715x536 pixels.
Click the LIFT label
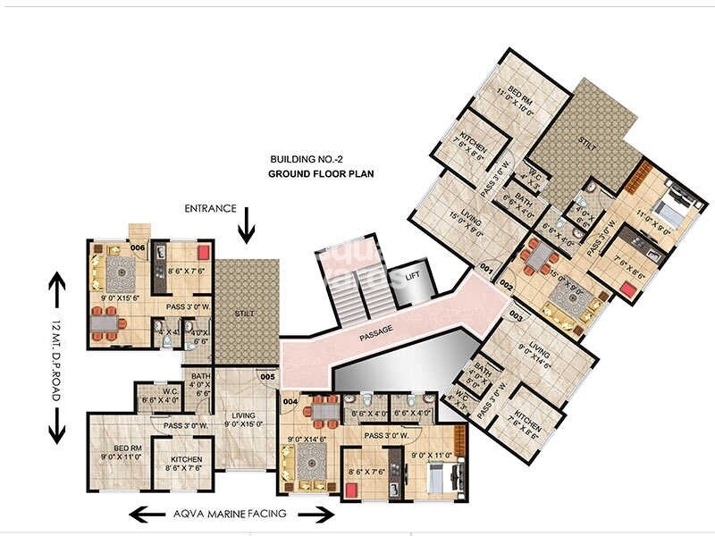tap(413, 276)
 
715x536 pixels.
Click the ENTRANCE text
tap(211, 208)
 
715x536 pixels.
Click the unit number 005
tap(266, 377)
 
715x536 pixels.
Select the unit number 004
tap(289, 401)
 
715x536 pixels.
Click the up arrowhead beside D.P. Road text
tap(55, 283)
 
